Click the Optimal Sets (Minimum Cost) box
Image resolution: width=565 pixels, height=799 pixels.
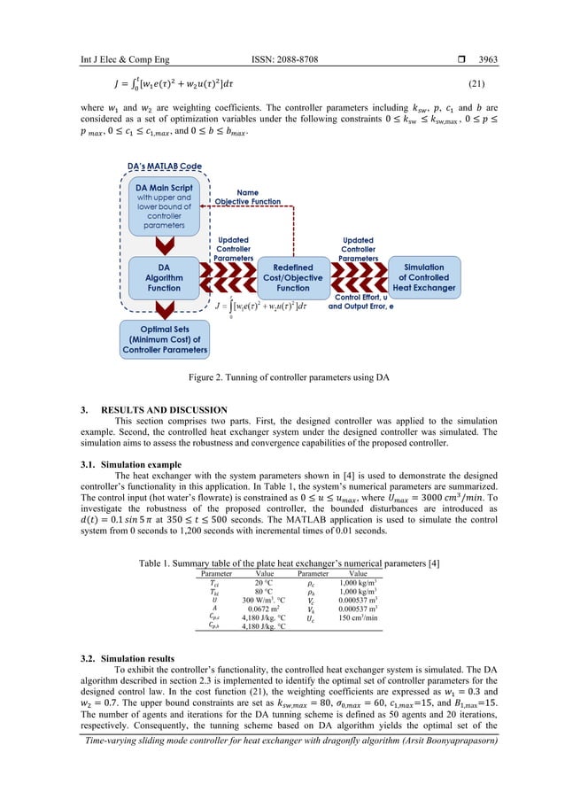pos(165,339)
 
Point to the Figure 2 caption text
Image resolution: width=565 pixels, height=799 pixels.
pos(282,377)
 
